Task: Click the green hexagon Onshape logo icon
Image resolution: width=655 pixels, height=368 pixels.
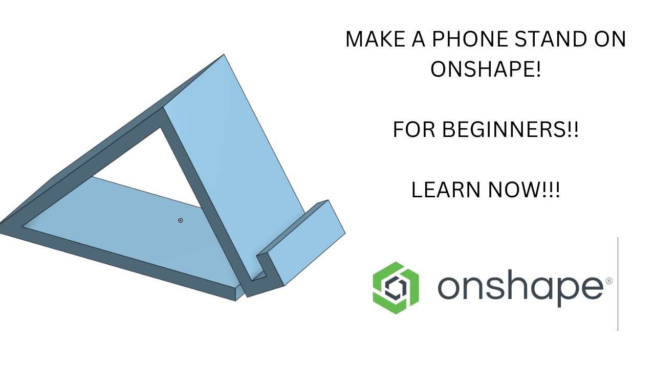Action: tap(395, 287)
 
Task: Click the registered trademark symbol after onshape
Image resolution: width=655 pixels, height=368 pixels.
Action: tap(609, 281)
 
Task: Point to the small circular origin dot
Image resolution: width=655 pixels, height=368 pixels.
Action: tap(180, 220)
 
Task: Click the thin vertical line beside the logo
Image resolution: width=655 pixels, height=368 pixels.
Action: tap(618, 284)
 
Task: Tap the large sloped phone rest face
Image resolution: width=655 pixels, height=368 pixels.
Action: tap(241, 153)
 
